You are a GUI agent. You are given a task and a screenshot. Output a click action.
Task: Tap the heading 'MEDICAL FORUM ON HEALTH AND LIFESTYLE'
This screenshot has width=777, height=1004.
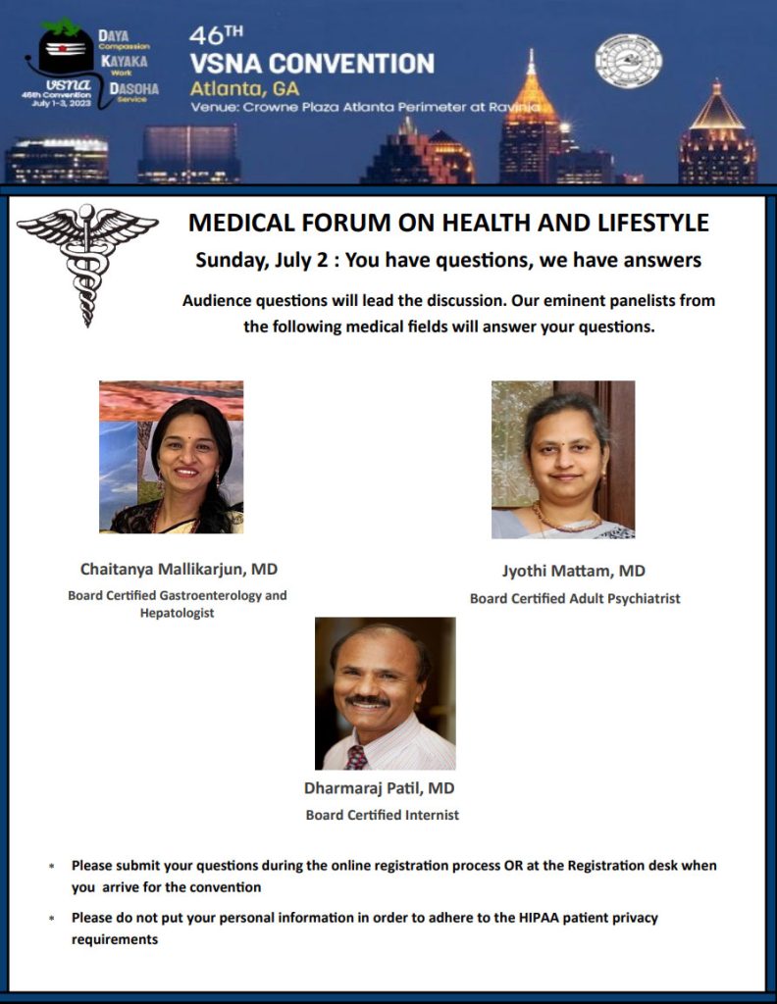[x=448, y=224]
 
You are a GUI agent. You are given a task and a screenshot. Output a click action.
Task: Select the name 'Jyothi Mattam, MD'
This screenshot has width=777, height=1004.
[x=574, y=571]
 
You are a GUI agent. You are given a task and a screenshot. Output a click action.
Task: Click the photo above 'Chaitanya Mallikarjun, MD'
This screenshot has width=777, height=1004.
[x=171, y=457]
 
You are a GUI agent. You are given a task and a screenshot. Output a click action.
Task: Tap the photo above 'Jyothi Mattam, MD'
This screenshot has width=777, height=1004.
[x=563, y=460]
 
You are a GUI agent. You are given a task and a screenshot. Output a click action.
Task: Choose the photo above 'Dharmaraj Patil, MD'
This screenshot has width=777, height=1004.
[x=385, y=693]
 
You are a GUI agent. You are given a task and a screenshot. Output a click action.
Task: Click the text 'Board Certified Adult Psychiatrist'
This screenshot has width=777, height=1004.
[x=575, y=598]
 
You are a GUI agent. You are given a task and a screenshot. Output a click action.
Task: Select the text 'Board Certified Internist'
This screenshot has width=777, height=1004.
[x=383, y=815]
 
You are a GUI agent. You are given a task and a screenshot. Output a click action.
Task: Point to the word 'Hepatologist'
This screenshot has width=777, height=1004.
[x=177, y=614]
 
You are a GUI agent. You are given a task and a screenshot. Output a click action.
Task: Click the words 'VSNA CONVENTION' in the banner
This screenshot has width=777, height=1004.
[x=313, y=65]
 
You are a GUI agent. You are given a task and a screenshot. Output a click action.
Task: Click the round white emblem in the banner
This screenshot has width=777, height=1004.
[x=629, y=61]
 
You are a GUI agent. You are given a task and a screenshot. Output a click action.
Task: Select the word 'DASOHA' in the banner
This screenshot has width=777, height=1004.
[x=123, y=86]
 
